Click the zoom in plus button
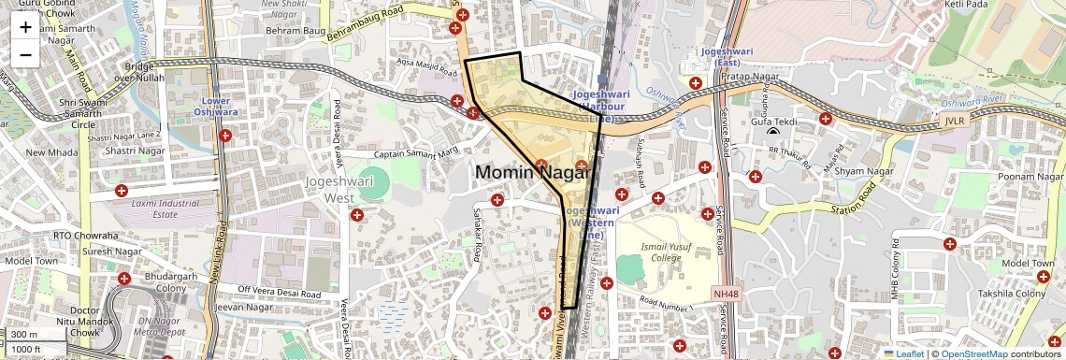(25, 27)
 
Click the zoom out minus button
(25, 55)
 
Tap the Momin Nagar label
(534, 172)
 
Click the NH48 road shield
(725, 294)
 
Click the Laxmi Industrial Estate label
(141, 208)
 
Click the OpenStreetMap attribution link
(974, 353)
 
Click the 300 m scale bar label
(25, 334)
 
